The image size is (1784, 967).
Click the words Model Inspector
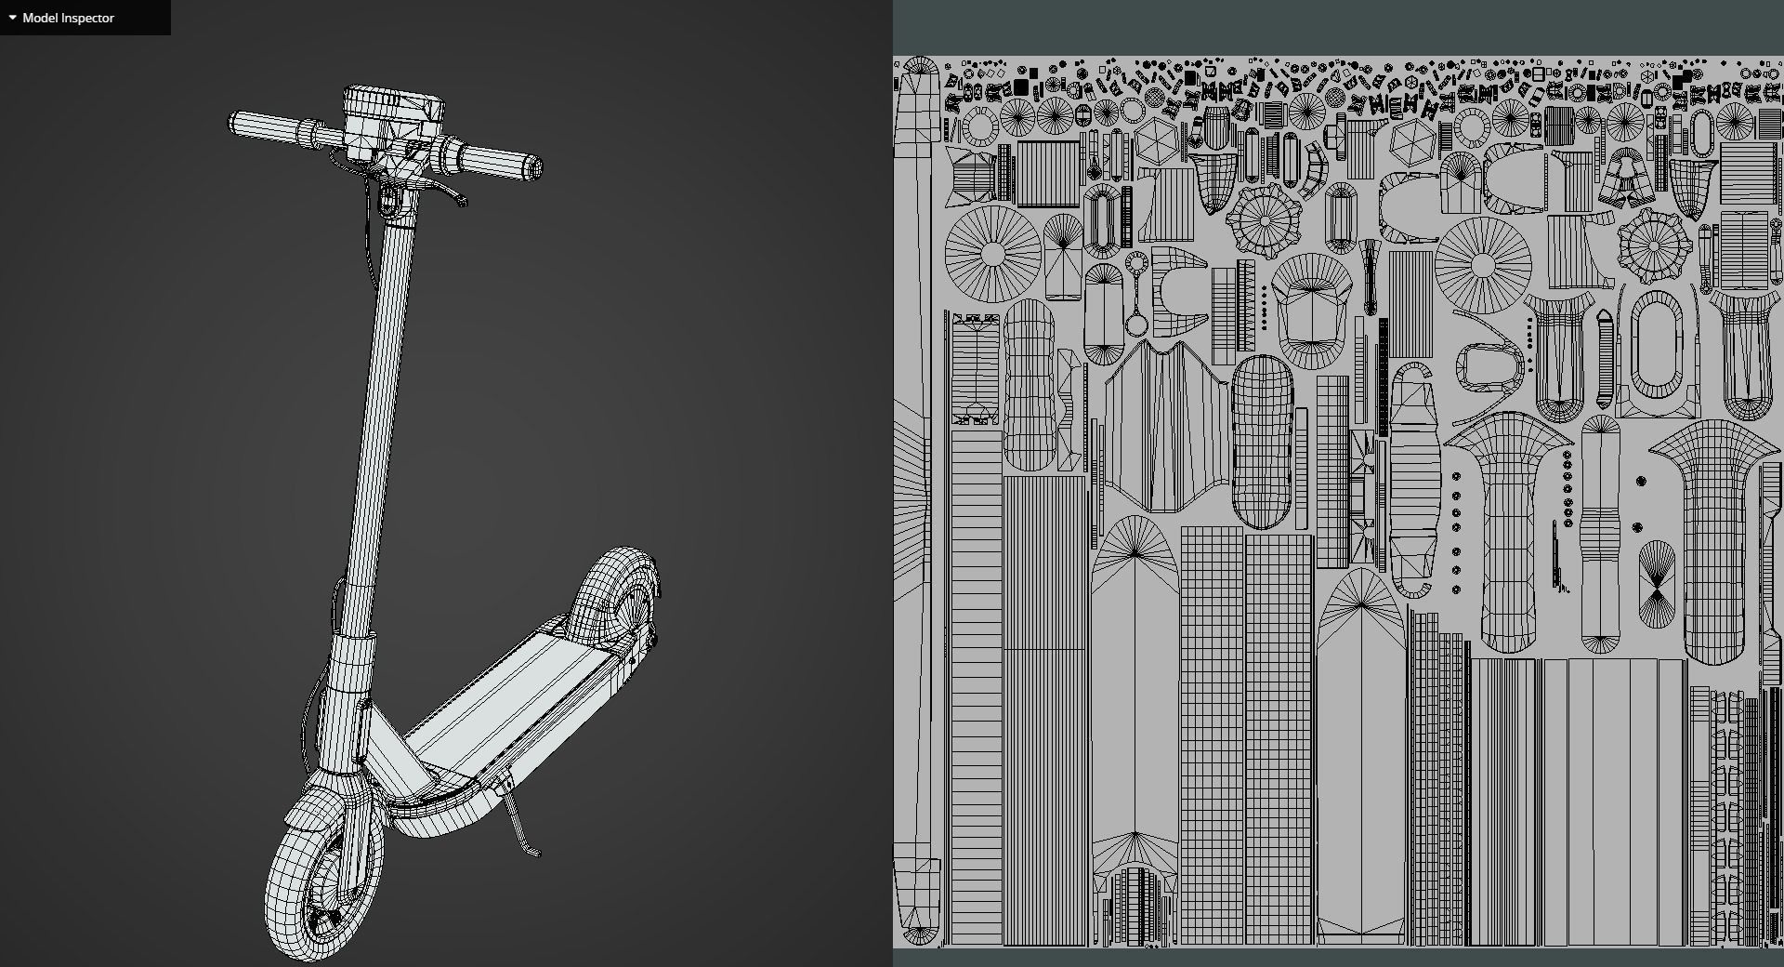click(x=68, y=18)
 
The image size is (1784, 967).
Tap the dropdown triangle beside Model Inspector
click(x=12, y=18)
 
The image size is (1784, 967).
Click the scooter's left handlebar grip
click(x=265, y=126)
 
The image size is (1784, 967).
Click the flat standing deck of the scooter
click(x=520, y=688)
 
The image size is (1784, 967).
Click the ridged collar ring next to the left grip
click(x=308, y=133)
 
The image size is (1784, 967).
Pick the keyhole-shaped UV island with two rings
click(x=1135, y=293)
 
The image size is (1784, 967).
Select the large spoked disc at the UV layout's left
click(x=992, y=253)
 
